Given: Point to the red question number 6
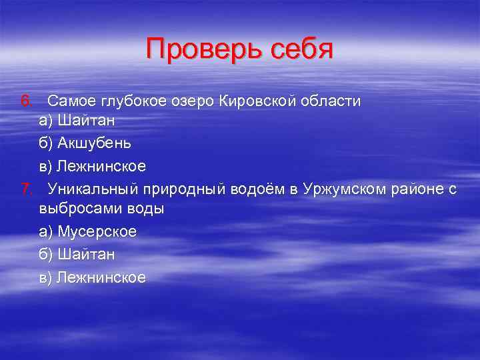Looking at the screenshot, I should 25,101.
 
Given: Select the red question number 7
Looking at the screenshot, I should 25,189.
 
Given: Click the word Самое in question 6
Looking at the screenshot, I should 72,101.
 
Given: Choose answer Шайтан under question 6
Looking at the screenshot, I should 87,121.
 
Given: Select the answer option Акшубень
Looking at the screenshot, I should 94,143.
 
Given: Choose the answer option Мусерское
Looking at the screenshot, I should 97,231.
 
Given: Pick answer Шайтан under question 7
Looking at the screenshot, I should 87,254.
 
